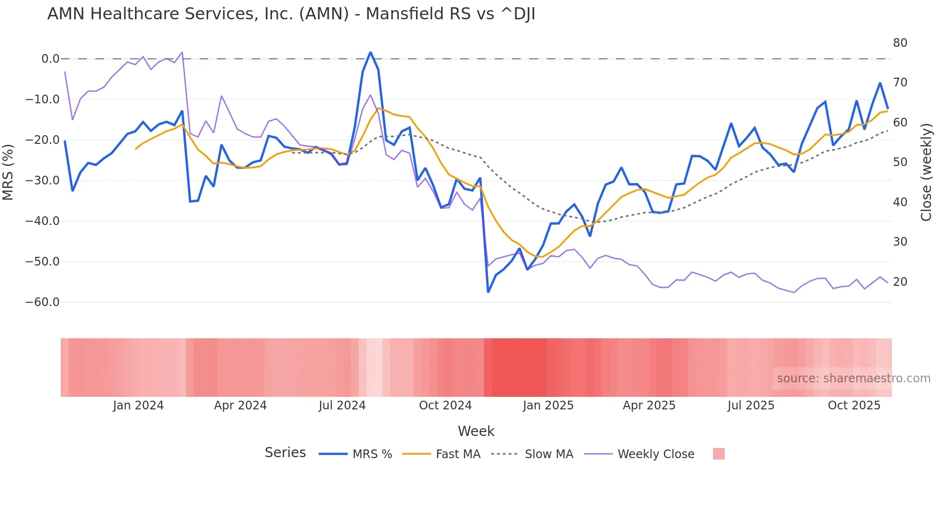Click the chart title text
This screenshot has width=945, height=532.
(291, 14)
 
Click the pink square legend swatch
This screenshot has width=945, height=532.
(718, 454)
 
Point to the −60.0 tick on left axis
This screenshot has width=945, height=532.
(42, 302)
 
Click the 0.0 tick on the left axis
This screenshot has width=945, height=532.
(50, 59)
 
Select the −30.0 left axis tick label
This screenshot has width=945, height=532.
(42, 181)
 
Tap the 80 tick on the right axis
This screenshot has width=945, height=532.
(900, 43)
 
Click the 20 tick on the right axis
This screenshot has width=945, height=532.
(900, 282)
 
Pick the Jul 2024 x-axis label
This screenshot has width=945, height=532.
(342, 406)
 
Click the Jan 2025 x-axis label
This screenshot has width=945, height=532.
(548, 406)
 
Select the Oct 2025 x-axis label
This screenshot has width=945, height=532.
(854, 406)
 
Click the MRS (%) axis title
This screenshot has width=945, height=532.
(8, 172)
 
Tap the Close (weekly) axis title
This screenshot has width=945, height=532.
(926, 172)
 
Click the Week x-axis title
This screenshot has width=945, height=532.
(476, 431)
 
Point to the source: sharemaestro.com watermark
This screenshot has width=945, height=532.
(853, 378)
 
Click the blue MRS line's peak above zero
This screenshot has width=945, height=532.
(370, 52)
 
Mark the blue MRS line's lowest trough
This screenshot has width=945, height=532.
(488, 292)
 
